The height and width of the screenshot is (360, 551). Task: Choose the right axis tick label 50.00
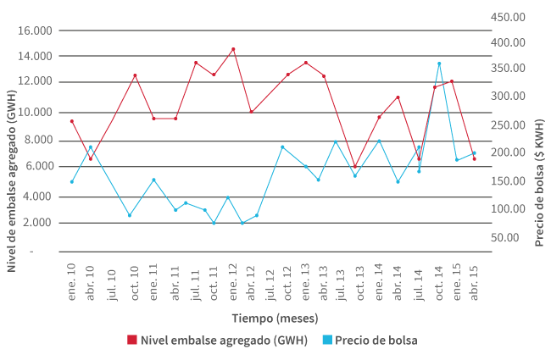[520, 236]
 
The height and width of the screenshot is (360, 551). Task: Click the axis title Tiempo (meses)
[275, 318]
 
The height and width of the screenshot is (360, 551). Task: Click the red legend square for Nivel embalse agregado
[131, 340]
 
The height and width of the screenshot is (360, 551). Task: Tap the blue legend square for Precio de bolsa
[326, 340]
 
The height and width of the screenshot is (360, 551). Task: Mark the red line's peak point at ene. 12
[233, 49]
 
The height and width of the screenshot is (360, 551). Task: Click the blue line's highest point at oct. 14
[439, 64]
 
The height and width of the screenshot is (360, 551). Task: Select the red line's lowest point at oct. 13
[355, 167]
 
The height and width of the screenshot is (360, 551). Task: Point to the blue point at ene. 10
[72, 181]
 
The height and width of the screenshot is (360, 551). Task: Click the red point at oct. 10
[135, 75]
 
